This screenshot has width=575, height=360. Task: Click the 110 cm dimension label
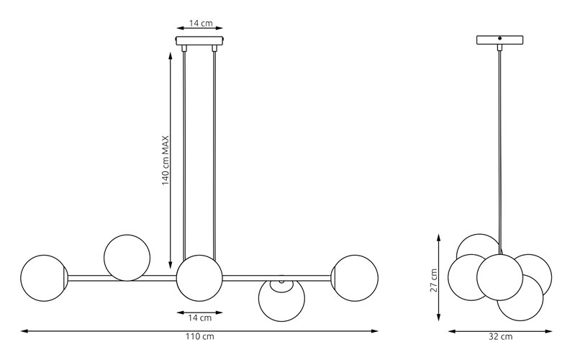(199, 336)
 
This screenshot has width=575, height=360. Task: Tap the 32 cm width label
(501, 336)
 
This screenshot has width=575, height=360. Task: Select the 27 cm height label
(434, 280)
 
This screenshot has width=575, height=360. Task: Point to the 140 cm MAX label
(166, 161)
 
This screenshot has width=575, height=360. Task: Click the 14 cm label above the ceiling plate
(201, 23)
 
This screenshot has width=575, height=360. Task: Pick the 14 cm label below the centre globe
(200, 318)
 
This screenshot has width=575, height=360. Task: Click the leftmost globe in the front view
(44, 278)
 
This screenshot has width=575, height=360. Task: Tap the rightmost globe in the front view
(355, 278)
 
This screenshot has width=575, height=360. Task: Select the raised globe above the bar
(127, 258)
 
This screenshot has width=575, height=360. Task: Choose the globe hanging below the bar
(281, 298)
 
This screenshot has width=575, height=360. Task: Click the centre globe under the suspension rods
(199, 278)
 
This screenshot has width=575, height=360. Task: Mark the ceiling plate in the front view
(199, 40)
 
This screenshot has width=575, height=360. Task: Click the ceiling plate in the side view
(500, 40)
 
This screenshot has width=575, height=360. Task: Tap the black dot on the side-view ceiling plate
(500, 37)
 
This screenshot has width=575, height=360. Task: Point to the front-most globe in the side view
(500, 277)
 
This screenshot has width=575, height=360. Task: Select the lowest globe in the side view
(520, 297)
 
